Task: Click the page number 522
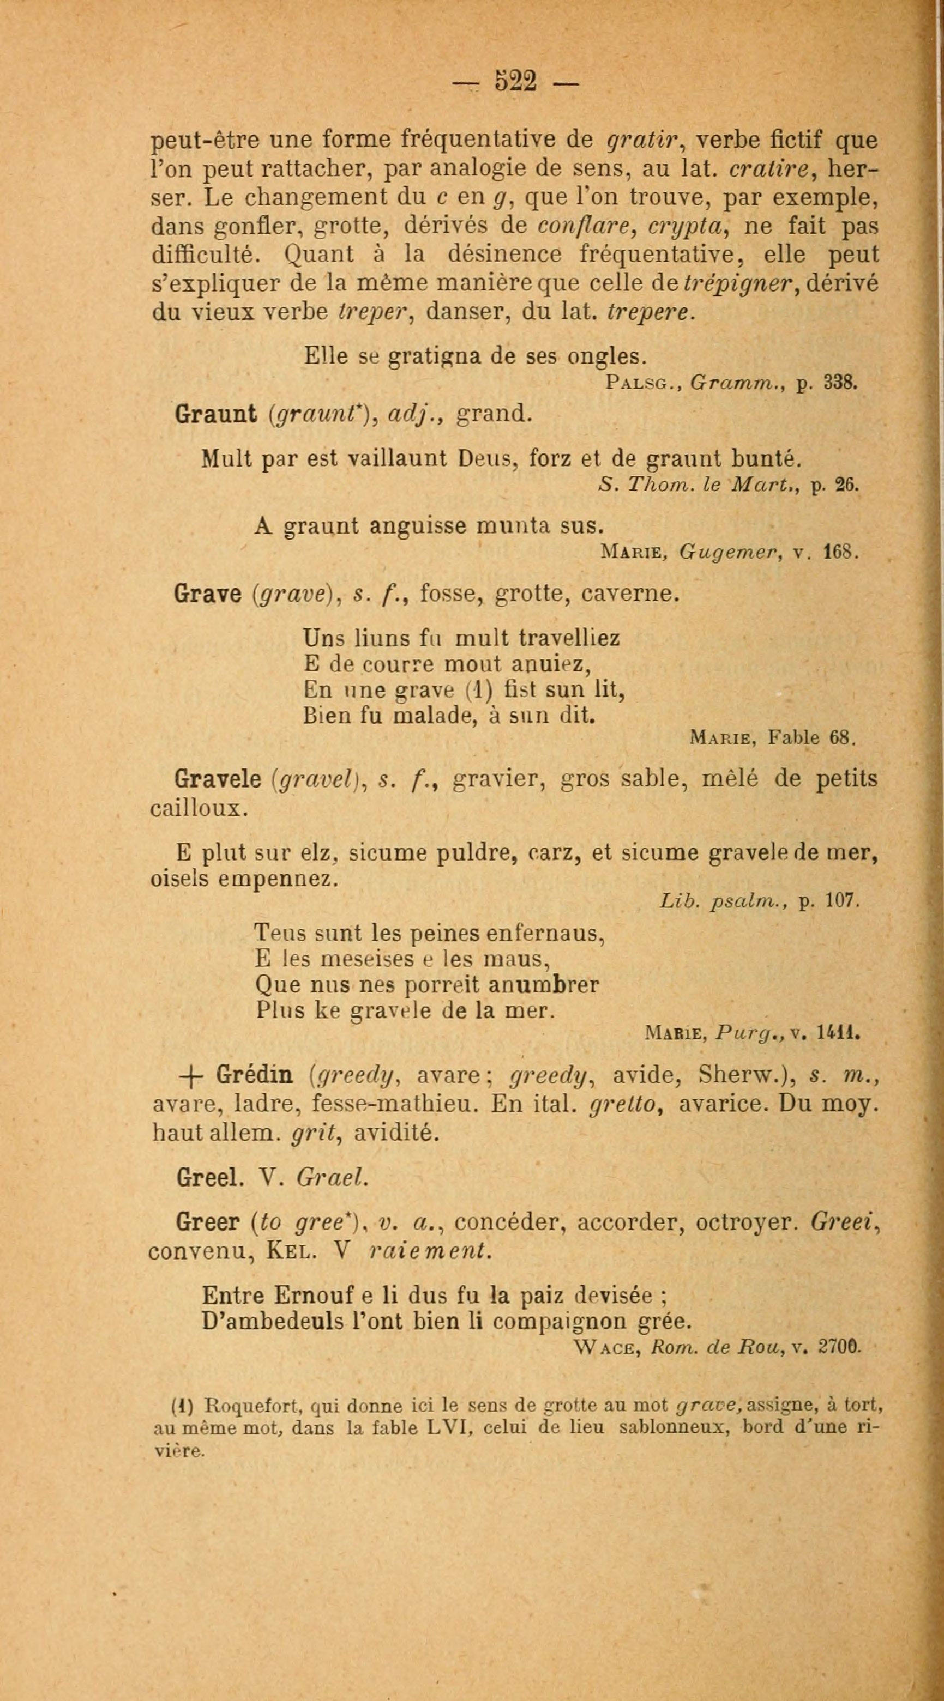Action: click(516, 81)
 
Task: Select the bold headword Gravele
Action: click(218, 779)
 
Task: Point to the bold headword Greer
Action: click(207, 1223)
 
